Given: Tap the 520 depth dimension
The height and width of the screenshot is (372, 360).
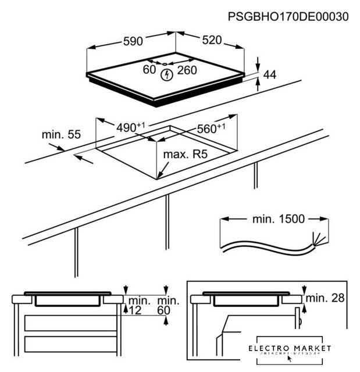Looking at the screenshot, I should pos(212,40).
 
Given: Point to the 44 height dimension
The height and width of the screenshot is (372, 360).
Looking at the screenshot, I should pos(269,74).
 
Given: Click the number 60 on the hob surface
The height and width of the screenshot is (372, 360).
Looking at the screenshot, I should pos(149,70).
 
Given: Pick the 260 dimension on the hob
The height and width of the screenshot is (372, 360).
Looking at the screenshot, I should pos(187,70).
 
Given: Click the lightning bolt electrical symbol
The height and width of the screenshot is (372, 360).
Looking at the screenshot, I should pos(168,74).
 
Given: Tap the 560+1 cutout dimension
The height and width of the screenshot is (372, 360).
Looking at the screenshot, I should pos(211,129).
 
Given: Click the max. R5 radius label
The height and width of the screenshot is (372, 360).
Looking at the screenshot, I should pos(186,155).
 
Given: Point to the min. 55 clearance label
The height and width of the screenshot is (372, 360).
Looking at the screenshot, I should pos(60,134).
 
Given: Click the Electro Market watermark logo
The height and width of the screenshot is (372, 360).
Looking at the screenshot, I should pos(289,349).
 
